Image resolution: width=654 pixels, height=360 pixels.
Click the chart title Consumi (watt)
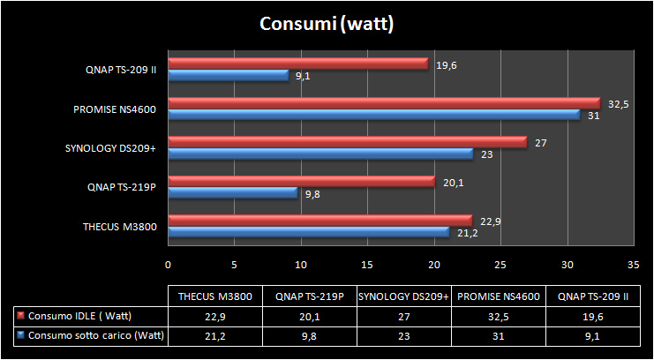pos(326,23)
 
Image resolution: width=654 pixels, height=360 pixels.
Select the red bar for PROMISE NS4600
pos(384,103)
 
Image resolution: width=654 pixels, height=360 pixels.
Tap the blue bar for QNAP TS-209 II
pos(229,76)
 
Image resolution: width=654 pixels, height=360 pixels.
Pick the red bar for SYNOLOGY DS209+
pos(348,142)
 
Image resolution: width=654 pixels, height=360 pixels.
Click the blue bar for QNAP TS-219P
pos(233,192)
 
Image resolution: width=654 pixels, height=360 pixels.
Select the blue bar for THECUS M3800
pos(309,232)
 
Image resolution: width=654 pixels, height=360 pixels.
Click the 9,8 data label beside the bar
pos(312,193)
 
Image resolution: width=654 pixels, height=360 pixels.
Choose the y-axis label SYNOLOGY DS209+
pos(110,148)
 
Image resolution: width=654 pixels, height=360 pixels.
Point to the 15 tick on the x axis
pos(367,264)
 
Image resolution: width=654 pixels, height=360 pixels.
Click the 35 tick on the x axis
pos(633,264)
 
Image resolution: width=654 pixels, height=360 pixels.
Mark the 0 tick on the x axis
pos(168,264)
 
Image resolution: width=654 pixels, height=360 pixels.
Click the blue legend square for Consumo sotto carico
pos(20,335)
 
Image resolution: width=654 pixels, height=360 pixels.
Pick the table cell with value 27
pos(403,316)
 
